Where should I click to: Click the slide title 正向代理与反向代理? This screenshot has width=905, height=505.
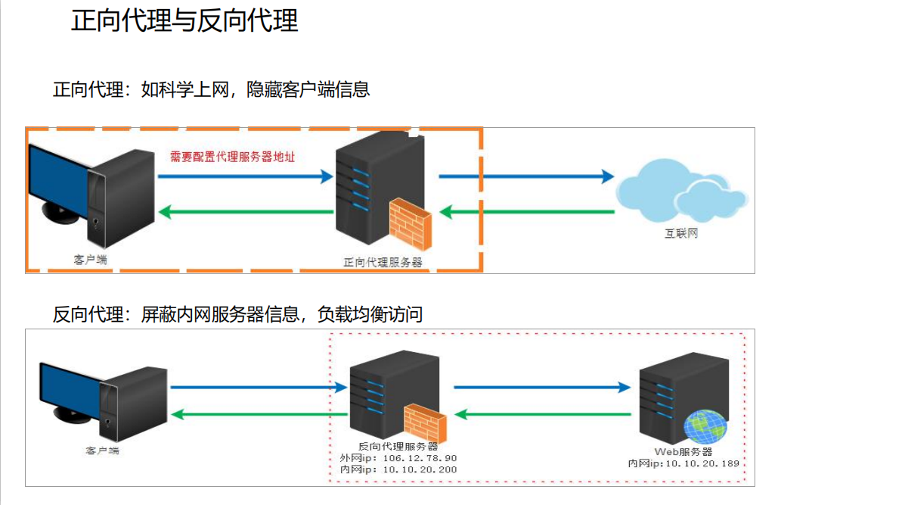coord(184,20)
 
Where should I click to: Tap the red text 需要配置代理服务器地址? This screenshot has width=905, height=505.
coord(231,157)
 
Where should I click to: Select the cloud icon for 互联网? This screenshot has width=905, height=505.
coord(680,189)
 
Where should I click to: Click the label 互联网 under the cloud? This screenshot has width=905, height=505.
coord(681,234)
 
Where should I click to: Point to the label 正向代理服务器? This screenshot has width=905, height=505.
coord(383,263)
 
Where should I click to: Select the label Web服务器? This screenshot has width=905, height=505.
coord(683,451)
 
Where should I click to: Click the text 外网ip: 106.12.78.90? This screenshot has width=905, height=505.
coord(398,458)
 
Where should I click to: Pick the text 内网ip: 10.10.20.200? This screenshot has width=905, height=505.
coord(398,469)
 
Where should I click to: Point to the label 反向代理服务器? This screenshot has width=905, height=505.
coord(398,447)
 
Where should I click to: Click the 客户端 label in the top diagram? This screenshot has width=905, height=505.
coord(90,259)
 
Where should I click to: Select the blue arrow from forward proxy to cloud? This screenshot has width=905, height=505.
coord(526,176)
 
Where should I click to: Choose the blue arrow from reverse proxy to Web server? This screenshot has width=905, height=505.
coord(541,388)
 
